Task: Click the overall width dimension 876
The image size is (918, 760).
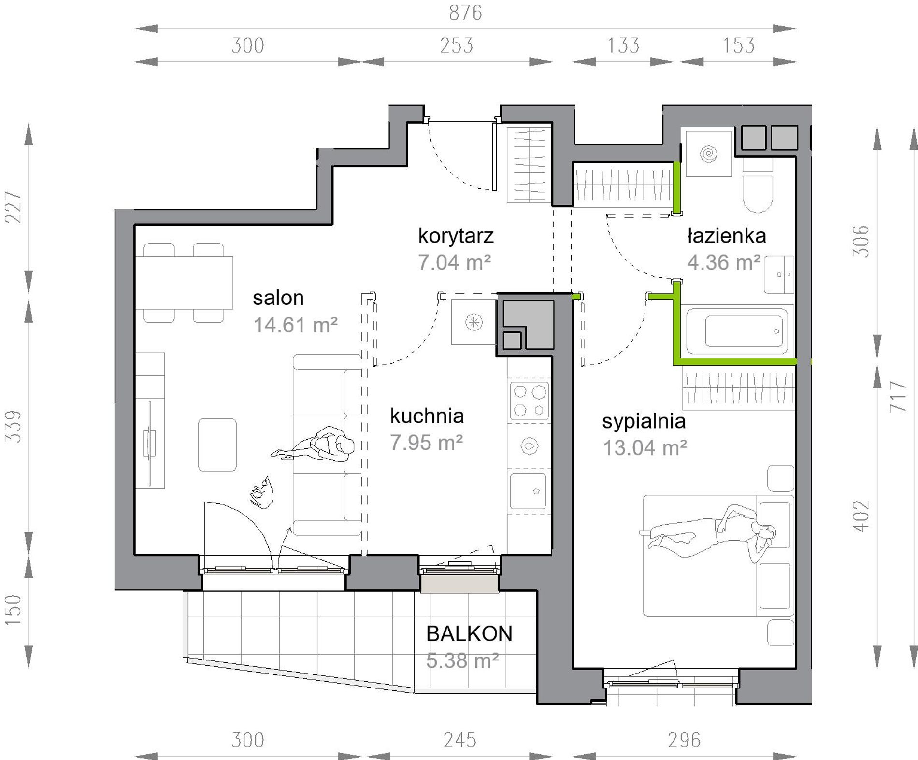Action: [465, 13]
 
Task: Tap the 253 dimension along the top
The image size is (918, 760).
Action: [456, 45]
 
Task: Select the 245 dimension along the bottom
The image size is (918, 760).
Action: [459, 740]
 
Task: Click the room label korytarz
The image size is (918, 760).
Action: [456, 236]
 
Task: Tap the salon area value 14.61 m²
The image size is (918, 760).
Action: [295, 325]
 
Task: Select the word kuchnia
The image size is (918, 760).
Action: [427, 416]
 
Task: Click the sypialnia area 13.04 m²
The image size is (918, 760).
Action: [645, 448]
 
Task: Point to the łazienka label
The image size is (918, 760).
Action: [726, 236]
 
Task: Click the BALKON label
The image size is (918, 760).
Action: [469, 634]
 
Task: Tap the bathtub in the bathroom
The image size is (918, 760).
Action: [736, 331]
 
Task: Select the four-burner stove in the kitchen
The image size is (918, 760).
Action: [529, 401]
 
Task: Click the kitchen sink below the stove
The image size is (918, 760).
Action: [528, 491]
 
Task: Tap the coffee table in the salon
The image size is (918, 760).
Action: [217, 445]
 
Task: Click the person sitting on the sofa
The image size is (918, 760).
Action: [313, 444]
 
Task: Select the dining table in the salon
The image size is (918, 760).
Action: [184, 283]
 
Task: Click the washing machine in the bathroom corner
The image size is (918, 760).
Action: [709, 153]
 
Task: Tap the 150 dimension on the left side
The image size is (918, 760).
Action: [14, 610]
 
